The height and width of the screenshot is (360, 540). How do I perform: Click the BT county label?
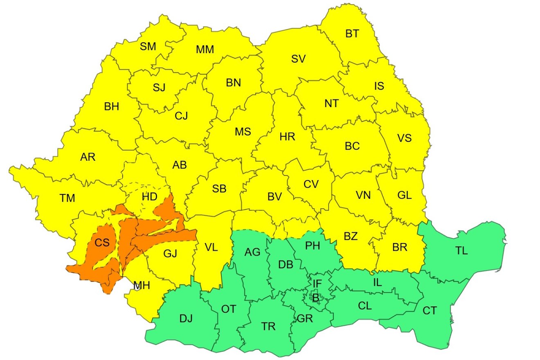(352, 34)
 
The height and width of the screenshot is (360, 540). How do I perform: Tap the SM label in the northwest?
(148, 47)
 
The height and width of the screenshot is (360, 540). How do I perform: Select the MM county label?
(205, 50)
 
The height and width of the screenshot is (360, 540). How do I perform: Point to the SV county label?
(299, 59)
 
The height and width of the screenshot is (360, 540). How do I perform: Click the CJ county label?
(181, 116)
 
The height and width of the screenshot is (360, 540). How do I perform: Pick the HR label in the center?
(287, 137)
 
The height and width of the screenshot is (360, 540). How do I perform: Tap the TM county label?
(67, 198)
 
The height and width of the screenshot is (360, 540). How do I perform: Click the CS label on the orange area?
(102, 243)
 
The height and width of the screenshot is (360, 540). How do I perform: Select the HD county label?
(150, 197)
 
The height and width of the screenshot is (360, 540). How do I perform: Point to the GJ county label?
(170, 254)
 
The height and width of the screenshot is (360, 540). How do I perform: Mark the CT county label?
(430, 311)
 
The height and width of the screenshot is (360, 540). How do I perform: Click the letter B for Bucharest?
(315, 298)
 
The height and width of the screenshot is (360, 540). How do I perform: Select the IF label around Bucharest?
(317, 283)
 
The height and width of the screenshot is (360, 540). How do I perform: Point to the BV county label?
(275, 197)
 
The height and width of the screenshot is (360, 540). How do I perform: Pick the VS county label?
(404, 138)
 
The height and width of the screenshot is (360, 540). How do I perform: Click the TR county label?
(268, 326)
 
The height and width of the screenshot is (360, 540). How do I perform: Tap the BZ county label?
(351, 236)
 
